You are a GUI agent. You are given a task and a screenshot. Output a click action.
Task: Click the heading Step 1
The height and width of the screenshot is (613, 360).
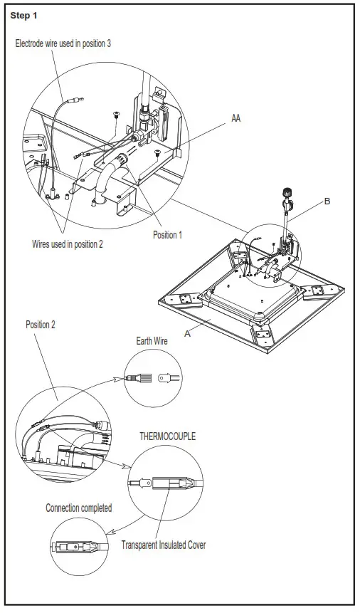23,15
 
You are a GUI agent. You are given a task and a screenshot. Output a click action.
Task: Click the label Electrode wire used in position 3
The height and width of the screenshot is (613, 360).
63,43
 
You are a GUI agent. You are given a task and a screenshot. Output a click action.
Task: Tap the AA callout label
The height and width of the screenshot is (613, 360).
235,118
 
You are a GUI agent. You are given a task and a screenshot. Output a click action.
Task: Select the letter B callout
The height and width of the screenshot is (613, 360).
327,201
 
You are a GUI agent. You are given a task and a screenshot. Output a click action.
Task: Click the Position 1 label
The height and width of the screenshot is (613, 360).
168,235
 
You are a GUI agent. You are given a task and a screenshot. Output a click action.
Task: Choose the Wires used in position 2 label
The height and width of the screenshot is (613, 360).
68,244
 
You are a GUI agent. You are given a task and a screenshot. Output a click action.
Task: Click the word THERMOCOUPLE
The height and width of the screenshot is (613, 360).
168,436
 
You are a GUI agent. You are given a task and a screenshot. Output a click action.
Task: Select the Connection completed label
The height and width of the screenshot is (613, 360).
78,508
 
